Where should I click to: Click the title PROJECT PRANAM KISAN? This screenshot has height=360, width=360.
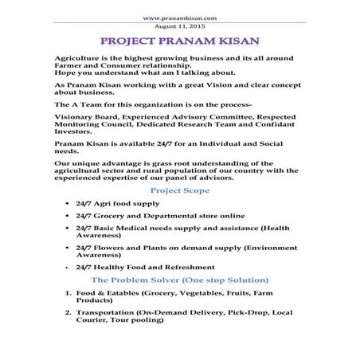(179, 41)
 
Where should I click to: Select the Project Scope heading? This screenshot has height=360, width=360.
(180, 191)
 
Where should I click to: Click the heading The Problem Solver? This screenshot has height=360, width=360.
(180, 280)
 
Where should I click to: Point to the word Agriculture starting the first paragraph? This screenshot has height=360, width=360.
(78, 61)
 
